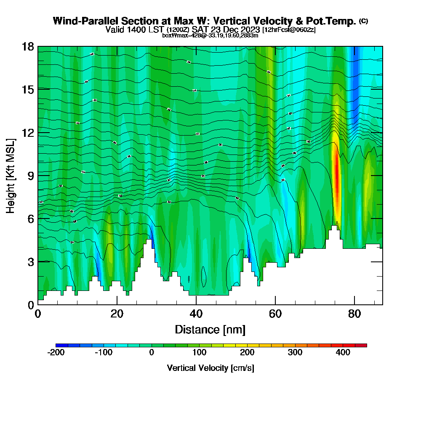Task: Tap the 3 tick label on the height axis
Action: (x=30, y=261)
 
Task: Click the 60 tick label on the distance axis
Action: (x=275, y=314)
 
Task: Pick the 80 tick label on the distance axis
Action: (x=354, y=314)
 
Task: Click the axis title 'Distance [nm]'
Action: (x=210, y=329)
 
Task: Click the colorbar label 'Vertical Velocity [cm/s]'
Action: (x=210, y=368)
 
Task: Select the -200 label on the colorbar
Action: (x=56, y=352)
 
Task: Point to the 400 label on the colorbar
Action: (x=343, y=352)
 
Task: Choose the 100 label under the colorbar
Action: (x=199, y=352)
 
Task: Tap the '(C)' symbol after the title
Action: (x=363, y=21)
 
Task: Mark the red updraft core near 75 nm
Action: (x=336, y=177)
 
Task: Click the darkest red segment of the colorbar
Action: (x=361, y=345)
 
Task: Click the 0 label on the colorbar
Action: (x=152, y=352)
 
